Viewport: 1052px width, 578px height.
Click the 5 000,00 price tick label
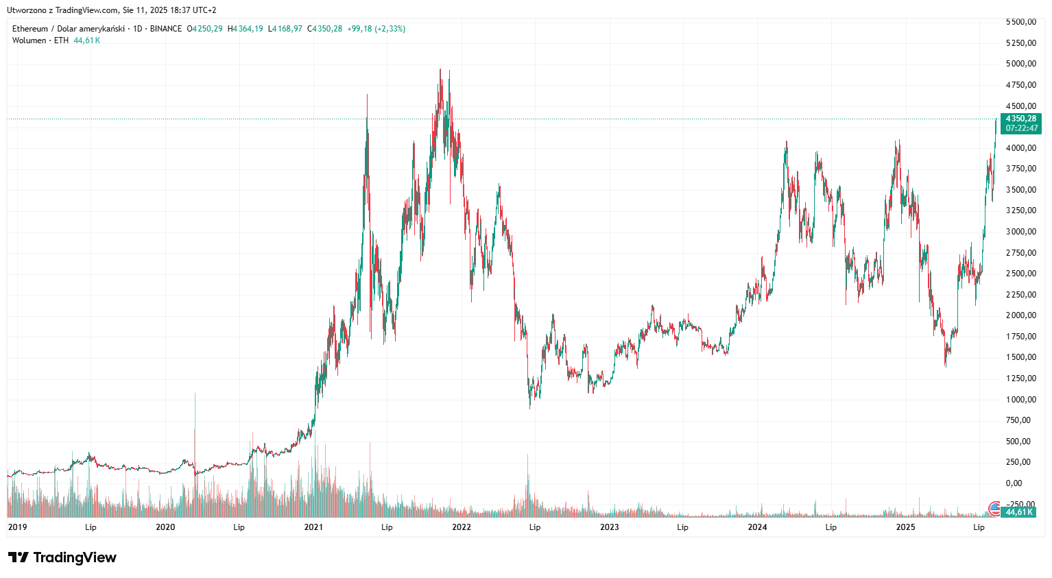click(1020, 64)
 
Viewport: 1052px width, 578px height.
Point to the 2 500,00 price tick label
click(1020, 274)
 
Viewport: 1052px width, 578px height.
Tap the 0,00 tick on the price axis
click(1014, 483)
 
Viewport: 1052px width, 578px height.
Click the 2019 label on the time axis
click(17, 527)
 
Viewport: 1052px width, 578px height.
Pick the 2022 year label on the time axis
click(462, 527)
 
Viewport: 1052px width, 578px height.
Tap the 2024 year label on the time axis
click(757, 527)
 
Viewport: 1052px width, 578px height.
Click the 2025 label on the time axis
click(905, 527)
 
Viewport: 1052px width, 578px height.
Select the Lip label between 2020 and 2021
click(239, 527)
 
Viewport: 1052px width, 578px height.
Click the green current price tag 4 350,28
click(1021, 119)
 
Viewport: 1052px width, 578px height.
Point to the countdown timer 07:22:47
click(1021, 128)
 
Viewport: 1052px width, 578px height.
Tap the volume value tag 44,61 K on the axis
click(1019, 512)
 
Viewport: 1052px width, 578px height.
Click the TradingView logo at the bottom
click(62, 557)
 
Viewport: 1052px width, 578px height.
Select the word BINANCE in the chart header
click(166, 29)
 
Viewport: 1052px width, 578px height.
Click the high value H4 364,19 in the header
click(246, 29)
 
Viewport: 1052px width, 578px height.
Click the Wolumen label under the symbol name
click(29, 40)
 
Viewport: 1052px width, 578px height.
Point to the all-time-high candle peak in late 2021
click(440, 69)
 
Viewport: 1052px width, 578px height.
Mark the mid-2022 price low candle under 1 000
click(530, 408)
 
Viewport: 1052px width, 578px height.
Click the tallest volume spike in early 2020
click(195, 395)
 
